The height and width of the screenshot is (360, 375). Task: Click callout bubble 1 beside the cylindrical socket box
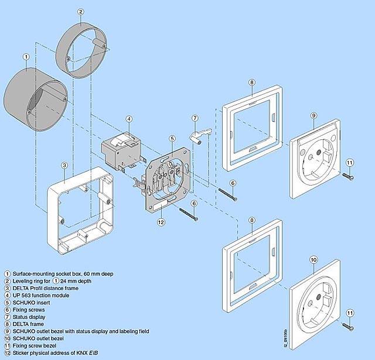click(26, 57)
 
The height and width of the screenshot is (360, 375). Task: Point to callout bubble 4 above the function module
click(129, 119)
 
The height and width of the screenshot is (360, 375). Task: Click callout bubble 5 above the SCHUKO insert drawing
click(172, 138)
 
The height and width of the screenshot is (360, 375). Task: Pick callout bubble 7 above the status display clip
click(196, 118)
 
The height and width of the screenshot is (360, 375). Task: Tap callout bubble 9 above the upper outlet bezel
click(313, 116)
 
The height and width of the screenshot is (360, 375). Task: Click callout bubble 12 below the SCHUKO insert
click(161, 222)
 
